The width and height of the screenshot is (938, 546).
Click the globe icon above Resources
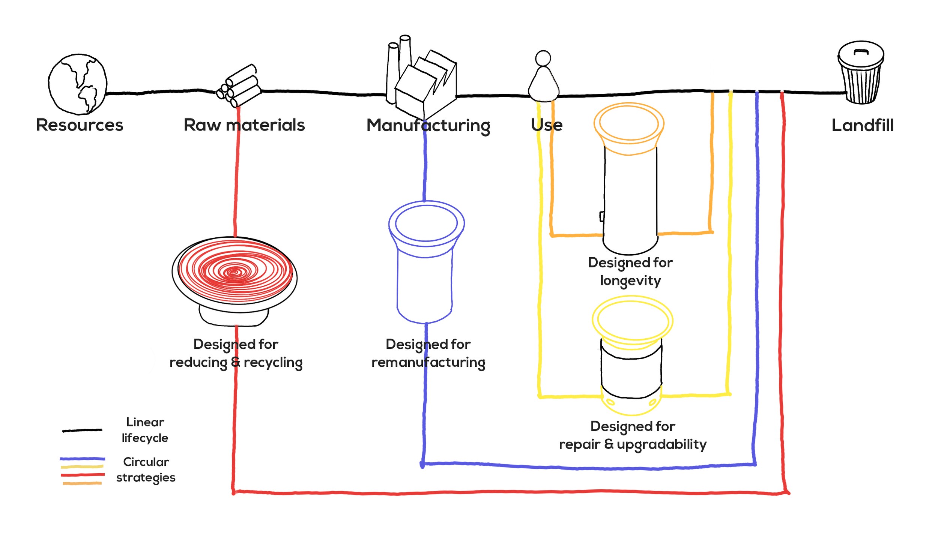(x=78, y=84)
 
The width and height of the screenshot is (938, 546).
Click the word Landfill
(x=862, y=125)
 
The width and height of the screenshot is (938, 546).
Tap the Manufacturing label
(x=428, y=125)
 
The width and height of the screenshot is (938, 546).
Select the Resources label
(x=80, y=125)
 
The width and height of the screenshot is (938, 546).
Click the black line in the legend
(x=82, y=430)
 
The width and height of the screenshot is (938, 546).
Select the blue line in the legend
(x=82, y=459)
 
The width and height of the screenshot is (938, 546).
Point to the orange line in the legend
(x=82, y=483)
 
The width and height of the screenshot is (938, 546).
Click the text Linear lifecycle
(x=145, y=430)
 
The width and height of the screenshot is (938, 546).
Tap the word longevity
(x=630, y=280)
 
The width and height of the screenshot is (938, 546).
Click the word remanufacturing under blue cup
(x=428, y=363)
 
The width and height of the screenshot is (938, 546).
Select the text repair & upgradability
(x=633, y=444)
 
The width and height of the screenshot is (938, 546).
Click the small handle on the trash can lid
(x=861, y=51)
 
